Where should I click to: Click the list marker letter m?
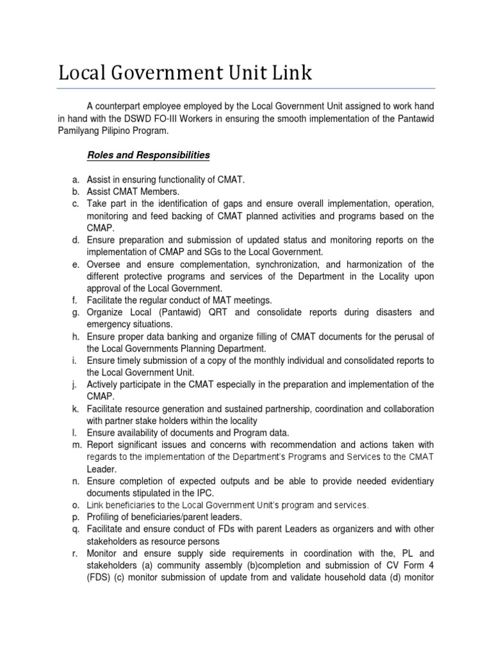[75, 445]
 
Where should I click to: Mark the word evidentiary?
[411, 480]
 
